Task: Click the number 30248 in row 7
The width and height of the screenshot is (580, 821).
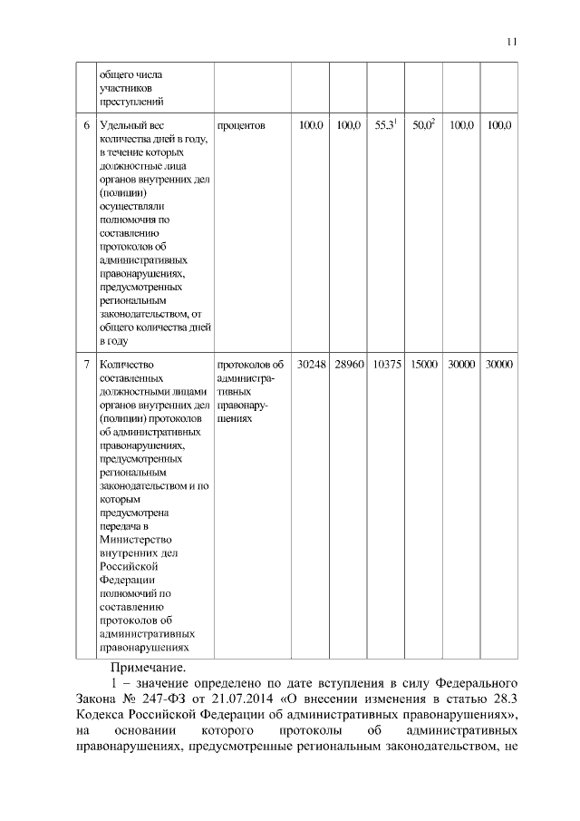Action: (313, 365)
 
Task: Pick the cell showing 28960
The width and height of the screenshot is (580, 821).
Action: (349, 365)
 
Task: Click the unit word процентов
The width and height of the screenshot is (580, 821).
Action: (241, 126)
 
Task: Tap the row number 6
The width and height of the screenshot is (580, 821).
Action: (85, 126)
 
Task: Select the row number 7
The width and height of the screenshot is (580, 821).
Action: (85, 365)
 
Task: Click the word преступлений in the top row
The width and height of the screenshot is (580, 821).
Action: (130, 101)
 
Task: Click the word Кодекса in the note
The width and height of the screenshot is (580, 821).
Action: (105, 715)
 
